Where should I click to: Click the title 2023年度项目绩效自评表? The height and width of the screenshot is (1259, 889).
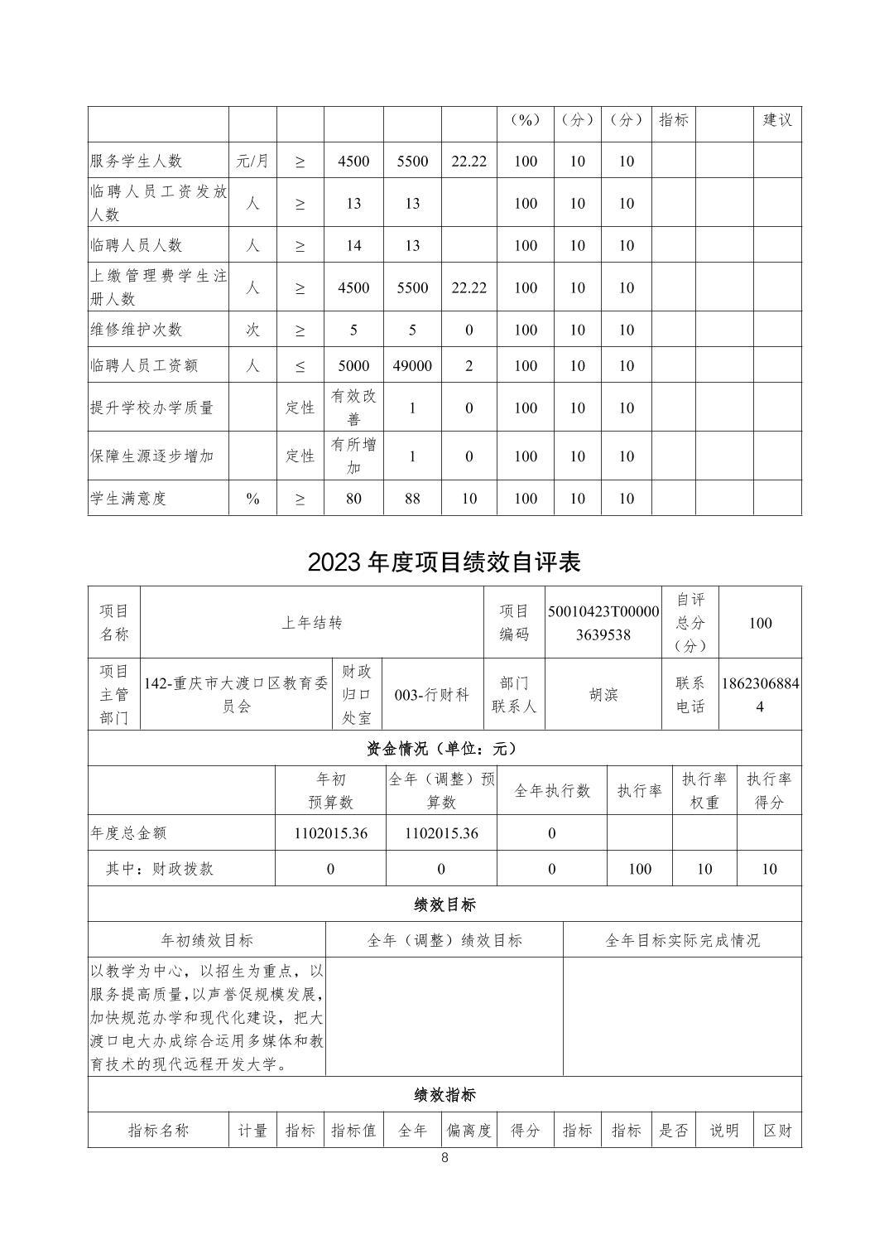[x=444, y=562]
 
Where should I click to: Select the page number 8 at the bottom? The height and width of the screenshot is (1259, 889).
[x=444, y=1158]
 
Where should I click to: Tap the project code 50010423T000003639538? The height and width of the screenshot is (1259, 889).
[x=603, y=623]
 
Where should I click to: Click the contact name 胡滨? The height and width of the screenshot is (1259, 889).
[x=603, y=695]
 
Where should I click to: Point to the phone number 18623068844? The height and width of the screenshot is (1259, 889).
[x=760, y=695]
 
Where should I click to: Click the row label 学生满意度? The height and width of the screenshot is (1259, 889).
[x=128, y=499]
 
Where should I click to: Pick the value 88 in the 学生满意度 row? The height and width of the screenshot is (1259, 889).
[x=412, y=499]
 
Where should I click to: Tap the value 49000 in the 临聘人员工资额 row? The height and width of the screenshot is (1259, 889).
[x=412, y=365]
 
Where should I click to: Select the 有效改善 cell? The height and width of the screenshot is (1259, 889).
[x=353, y=408]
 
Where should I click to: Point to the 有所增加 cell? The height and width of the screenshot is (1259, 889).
[x=353, y=456]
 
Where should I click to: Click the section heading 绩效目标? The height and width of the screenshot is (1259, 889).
[x=444, y=904]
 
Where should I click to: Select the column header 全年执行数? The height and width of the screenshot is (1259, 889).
[x=552, y=791]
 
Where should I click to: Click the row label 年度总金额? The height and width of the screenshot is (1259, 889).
[x=128, y=833]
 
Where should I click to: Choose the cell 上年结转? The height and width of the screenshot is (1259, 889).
[x=312, y=623]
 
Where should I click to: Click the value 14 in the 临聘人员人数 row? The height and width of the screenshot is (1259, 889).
[x=353, y=245]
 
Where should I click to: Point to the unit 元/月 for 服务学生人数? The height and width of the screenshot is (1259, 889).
[x=252, y=161]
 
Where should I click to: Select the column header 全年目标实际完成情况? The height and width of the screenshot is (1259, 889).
[x=682, y=940]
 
